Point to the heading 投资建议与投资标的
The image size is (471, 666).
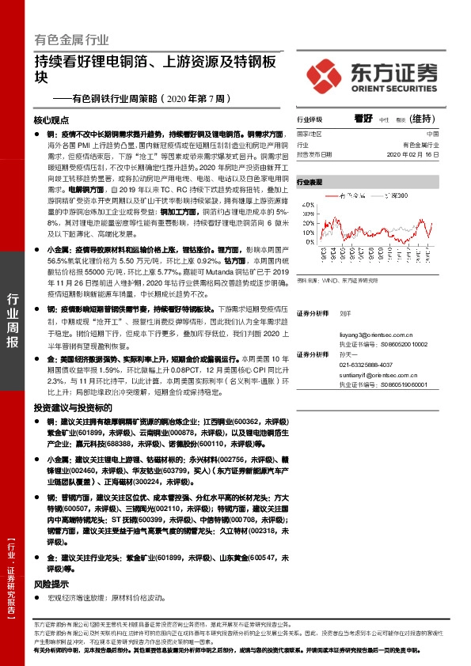68,407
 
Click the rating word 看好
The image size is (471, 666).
363,119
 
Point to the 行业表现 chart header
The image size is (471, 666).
310,182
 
